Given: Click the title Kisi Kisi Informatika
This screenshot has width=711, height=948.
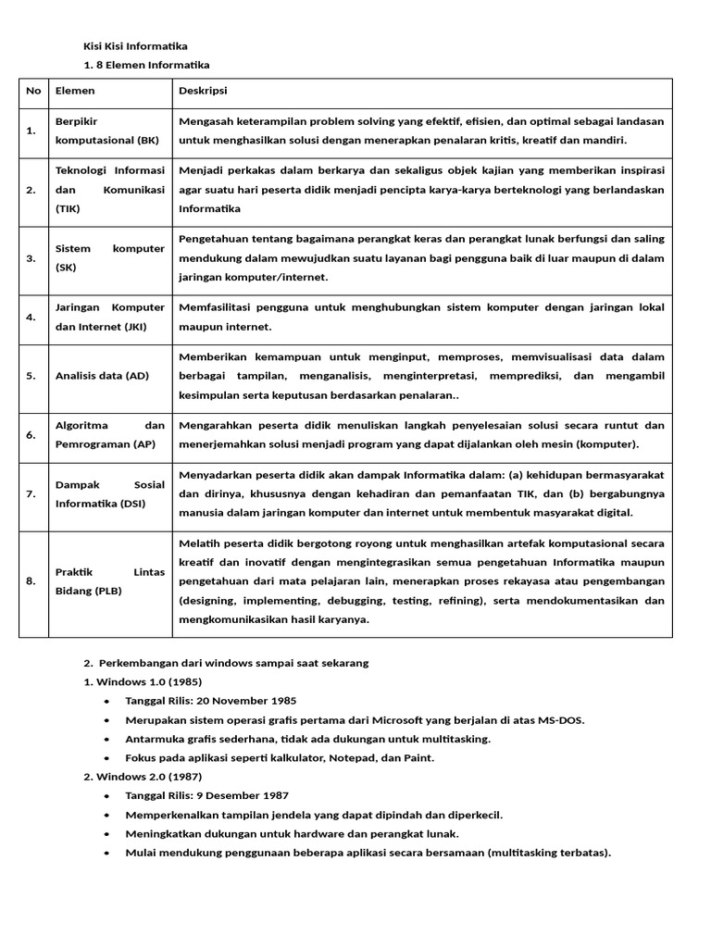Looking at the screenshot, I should tap(135, 46).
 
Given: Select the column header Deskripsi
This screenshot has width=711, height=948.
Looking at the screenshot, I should tap(203, 91).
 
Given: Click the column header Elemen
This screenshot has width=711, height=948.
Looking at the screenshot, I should tap(75, 91).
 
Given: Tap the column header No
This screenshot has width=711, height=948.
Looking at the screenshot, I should tap(34, 91).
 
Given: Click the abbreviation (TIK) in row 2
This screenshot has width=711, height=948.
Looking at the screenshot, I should tap(69, 208).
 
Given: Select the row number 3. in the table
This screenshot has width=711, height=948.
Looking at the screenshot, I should tap(31, 258).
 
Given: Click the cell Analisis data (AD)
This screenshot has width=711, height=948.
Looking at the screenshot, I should tap(102, 375).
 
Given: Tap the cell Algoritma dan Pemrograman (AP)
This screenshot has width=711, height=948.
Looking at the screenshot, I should tap(109, 434).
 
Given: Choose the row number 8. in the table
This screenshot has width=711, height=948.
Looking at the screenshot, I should tap(31, 581).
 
